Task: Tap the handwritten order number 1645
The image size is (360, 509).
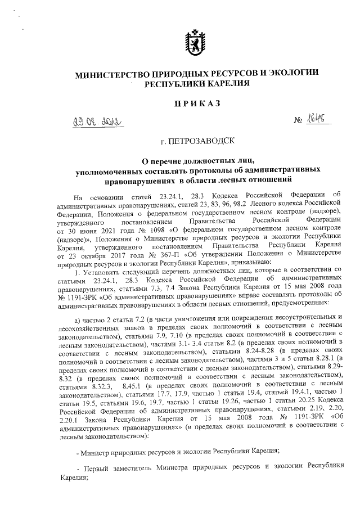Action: pyautogui.click(x=303, y=119)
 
